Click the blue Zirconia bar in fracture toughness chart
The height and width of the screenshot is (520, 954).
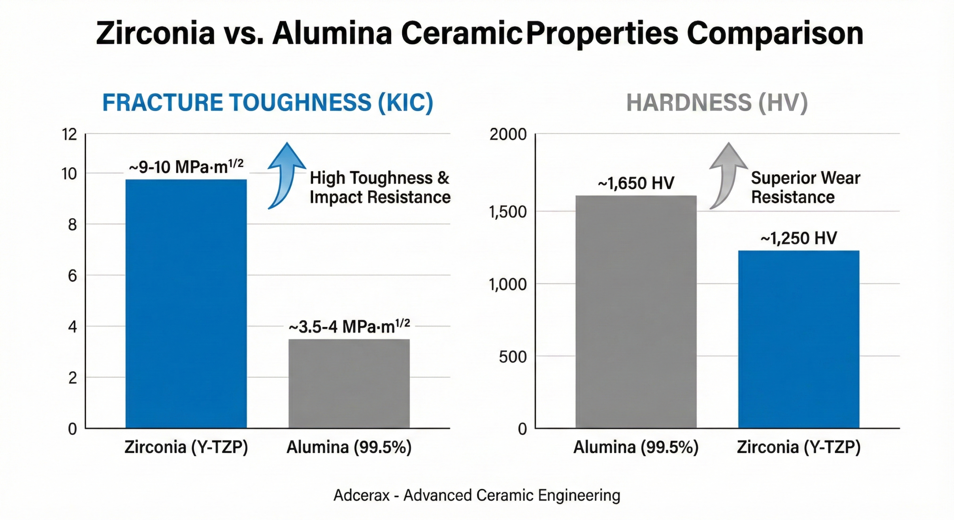pyautogui.click(x=186, y=304)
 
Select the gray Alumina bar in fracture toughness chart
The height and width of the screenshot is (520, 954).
pyautogui.click(x=349, y=384)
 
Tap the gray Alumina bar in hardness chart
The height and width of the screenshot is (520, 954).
pyautogui.click(x=636, y=312)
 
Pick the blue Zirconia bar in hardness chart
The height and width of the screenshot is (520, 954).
pyautogui.click(x=799, y=339)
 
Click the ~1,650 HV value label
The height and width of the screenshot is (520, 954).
pyautogui.click(x=636, y=183)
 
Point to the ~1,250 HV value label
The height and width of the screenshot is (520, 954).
pyautogui.click(x=799, y=238)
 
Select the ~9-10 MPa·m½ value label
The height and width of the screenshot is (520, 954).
pyautogui.click(x=186, y=167)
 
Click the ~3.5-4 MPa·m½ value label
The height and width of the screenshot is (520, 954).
pyautogui.click(x=349, y=327)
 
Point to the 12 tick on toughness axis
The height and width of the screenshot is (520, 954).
pyautogui.click(x=69, y=134)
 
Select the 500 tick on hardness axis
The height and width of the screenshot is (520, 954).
pyautogui.click(x=513, y=357)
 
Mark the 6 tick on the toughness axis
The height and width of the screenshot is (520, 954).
pyautogui.click(x=72, y=276)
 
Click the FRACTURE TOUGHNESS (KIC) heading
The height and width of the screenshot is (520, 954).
pyautogui.click(x=268, y=103)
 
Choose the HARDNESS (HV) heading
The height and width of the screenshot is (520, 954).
pyautogui.click(x=717, y=103)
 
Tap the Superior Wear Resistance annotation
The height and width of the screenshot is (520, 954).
pyautogui.click(x=805, y=187)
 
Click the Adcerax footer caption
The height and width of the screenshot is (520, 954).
pyautogui.click(x=477, y=495)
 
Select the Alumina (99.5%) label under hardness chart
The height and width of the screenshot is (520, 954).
pyautogui.click(x=636, y=447)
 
